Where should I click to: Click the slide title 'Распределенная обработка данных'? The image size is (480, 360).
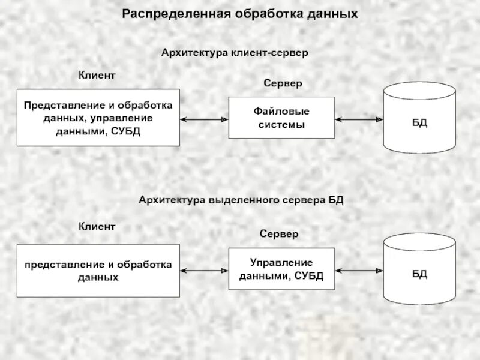tap(240, 13)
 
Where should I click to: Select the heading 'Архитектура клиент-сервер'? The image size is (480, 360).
tap(235, 53)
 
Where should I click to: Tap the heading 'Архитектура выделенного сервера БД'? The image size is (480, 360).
tap(241, 200)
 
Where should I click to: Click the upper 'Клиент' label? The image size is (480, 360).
tap(97, 75)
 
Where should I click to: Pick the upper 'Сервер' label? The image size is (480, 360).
tap(283, 83)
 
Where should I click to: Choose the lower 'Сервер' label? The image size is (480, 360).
tap(279, 234)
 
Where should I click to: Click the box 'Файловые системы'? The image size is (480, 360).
tap(281, 118)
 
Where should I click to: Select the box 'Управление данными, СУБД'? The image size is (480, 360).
tap(281, 269)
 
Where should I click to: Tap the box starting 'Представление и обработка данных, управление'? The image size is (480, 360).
tap(98, 118)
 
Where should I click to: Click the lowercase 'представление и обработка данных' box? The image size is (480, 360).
tap(98, 271)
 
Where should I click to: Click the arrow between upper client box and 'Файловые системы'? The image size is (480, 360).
tap(205, 119)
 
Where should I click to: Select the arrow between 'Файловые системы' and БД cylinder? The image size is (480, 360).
tap(359, 119)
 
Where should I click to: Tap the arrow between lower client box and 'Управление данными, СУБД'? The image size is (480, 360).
tap(205, 271)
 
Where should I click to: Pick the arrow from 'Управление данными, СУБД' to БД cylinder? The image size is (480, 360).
tap(359, 271)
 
